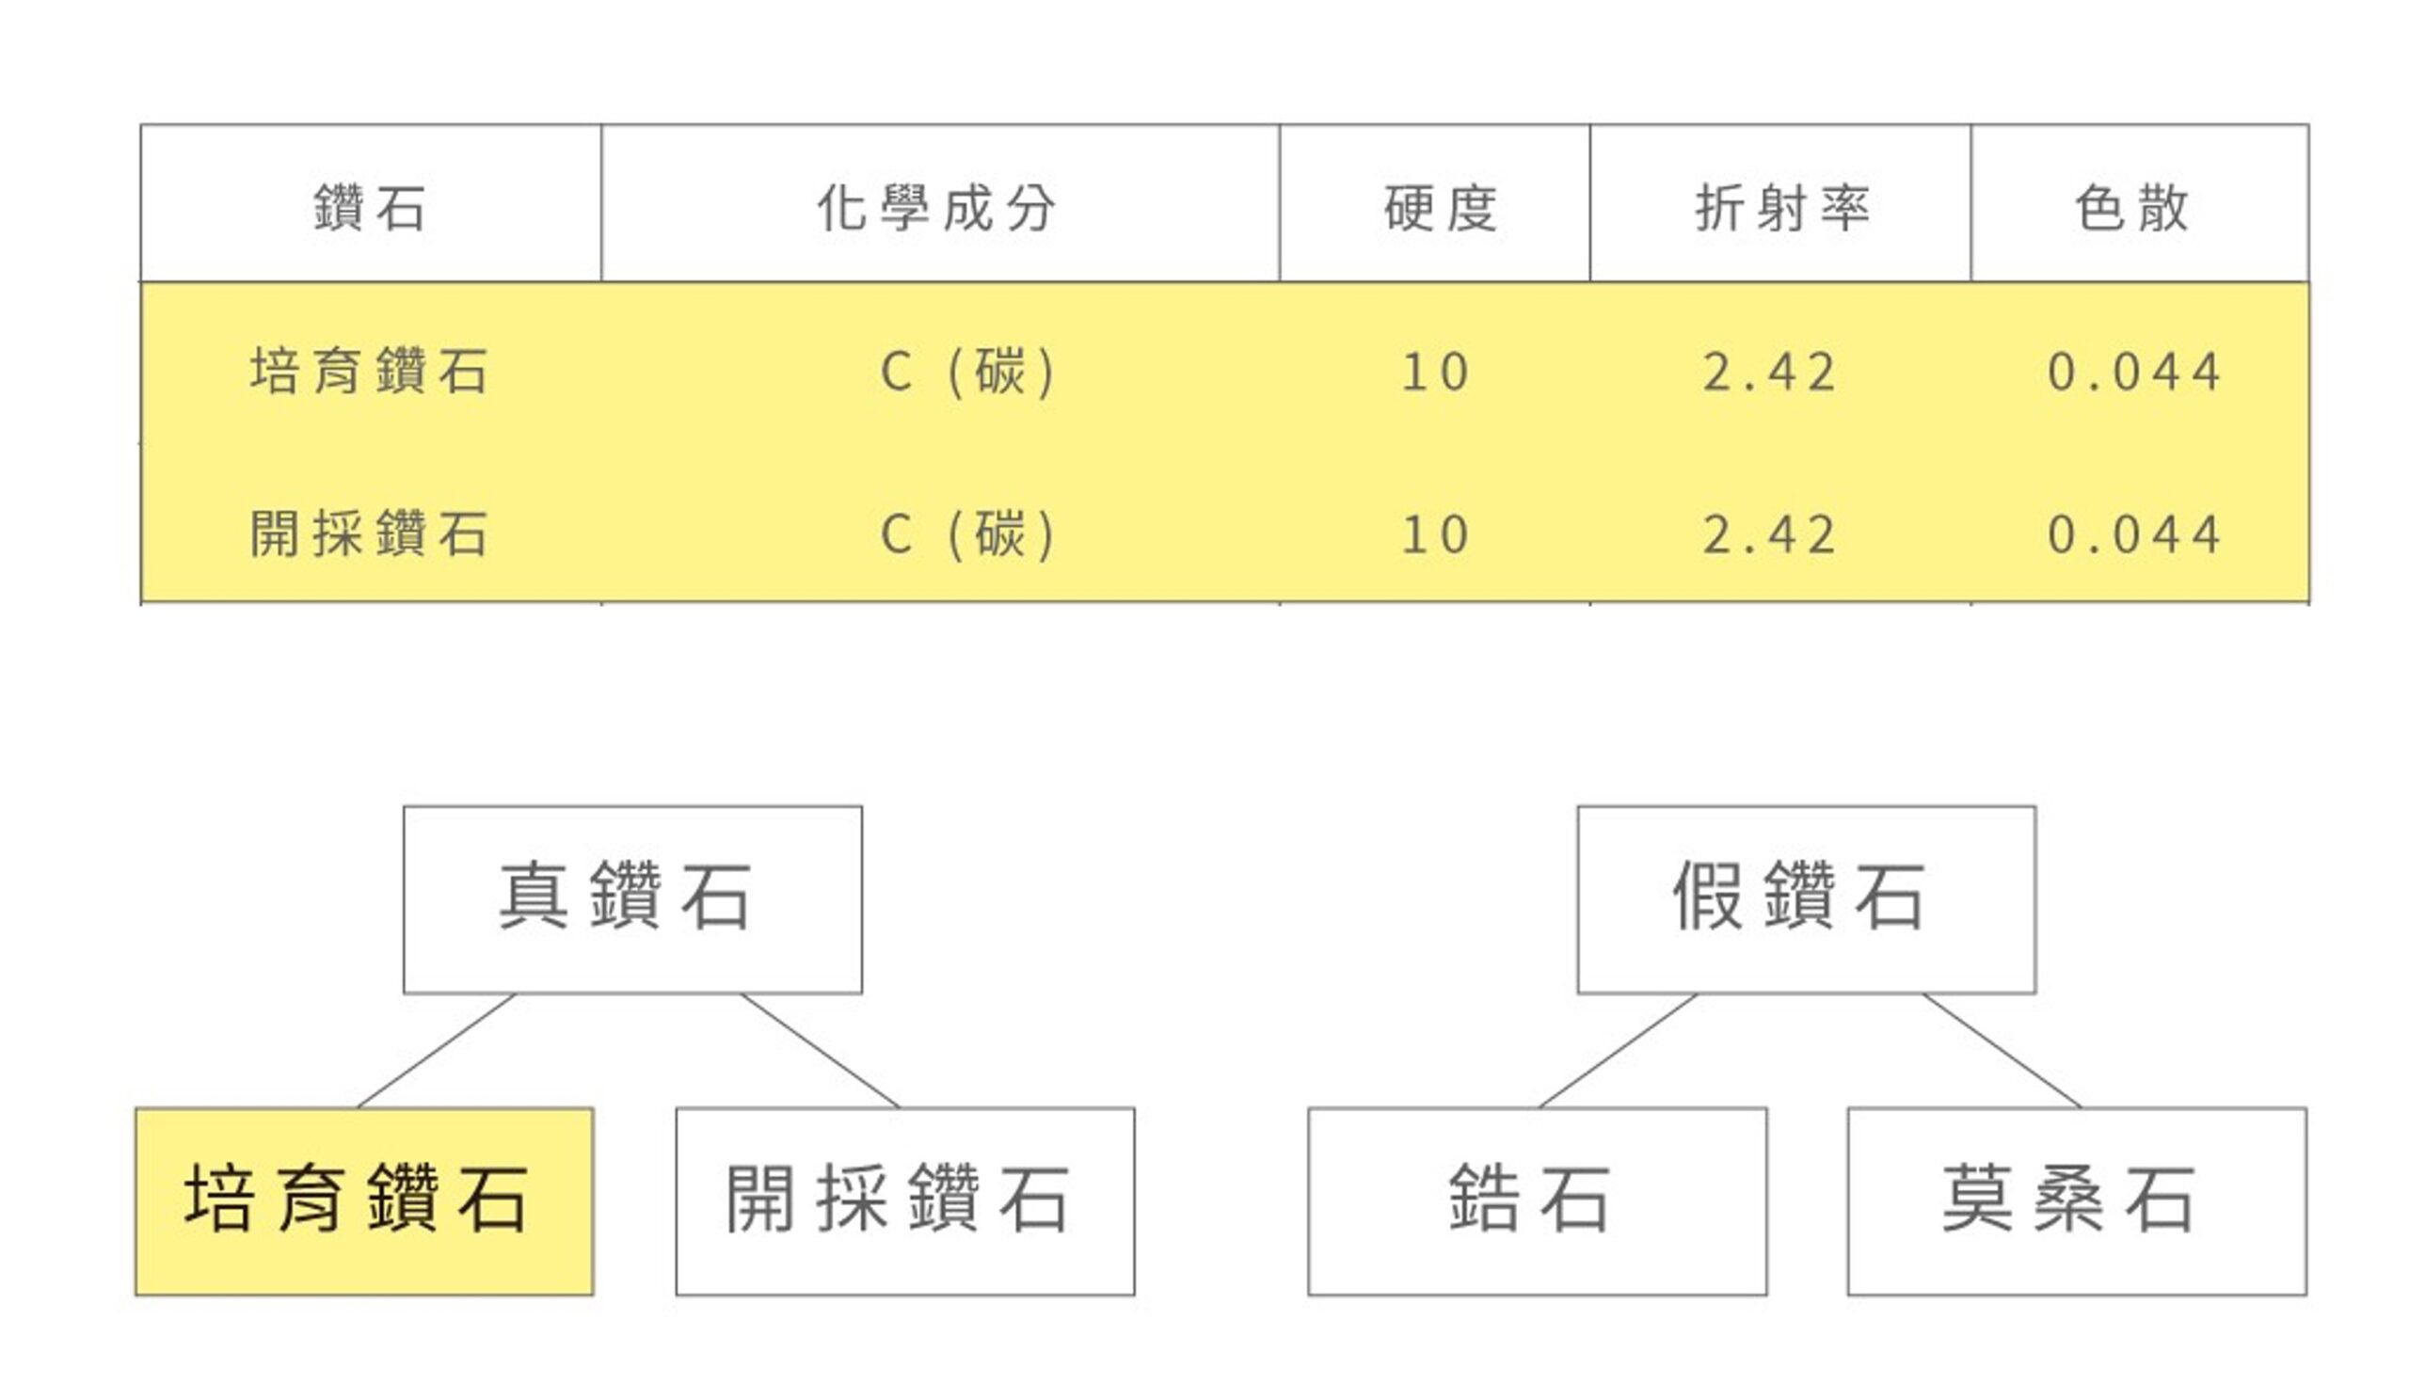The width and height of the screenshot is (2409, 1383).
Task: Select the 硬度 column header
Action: [x=1441, y=208]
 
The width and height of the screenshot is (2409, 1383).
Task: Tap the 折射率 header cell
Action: [x=1783, y=208]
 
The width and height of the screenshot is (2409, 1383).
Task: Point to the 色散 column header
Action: [x=2132, y=208]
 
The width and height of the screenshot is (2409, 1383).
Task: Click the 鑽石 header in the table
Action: [x=370, y=208]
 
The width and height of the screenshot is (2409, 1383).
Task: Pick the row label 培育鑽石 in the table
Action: [x=370, y=371]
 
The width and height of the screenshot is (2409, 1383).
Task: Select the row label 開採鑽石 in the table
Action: [x=370, y=533]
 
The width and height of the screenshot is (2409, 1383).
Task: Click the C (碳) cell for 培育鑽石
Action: [x=968, y=372]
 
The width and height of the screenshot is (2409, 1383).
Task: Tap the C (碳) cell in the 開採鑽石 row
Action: [x=968, y=533]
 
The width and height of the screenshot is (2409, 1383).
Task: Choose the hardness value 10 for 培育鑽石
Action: [x=1436, y=372]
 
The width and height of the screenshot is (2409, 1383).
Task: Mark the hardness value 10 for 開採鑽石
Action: [x=1436, y=533]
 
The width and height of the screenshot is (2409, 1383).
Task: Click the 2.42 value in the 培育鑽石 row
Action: [x=1770, y=372]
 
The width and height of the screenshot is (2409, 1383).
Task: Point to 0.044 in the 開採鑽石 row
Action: [x=2134, y=533]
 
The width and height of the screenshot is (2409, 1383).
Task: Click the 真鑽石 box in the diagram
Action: [x=632, y=899]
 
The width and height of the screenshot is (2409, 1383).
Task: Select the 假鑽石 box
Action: [x=1807, y=899]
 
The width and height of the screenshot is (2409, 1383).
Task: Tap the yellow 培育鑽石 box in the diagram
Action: [x=365, y=1200]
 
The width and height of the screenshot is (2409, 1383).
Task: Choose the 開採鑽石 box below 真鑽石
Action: [x=905, y=1200]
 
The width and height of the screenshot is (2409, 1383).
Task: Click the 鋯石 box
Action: [x=1538, y=1200]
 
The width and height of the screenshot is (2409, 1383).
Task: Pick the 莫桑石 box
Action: [x=2078, y=1200]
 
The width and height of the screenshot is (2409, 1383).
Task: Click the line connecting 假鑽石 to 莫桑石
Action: [x=2002, y=1051]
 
